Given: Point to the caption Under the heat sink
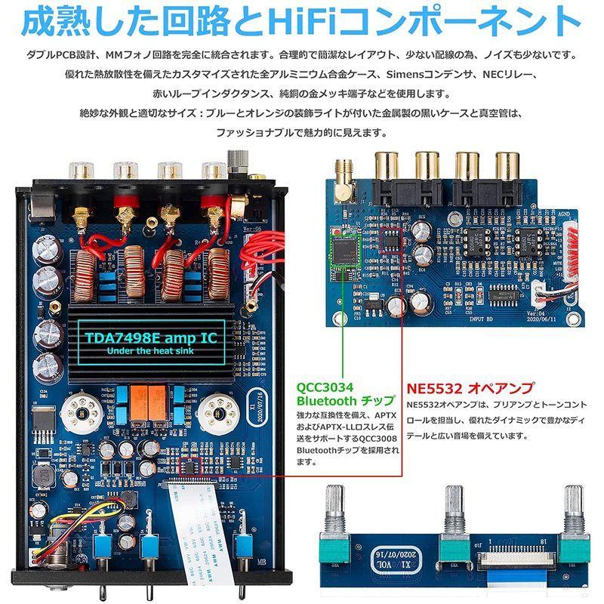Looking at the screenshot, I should (x=151, y=352).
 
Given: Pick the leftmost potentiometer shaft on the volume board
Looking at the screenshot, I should (x=337, y=505).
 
